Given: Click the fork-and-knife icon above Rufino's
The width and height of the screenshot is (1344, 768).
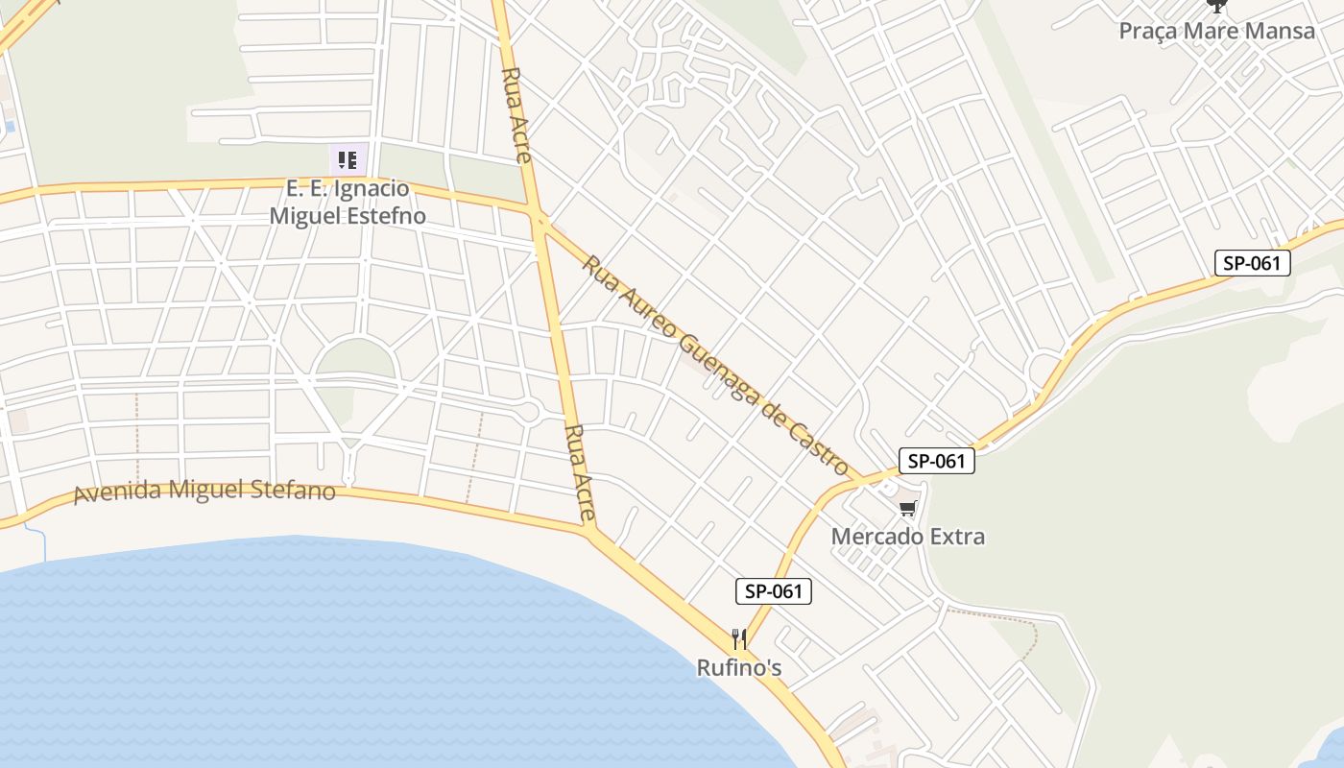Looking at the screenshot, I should tap(739, 638).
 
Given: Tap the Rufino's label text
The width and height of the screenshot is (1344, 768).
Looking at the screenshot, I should tap(739, 666).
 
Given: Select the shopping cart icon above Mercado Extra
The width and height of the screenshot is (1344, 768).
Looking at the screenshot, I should tap(908, 508).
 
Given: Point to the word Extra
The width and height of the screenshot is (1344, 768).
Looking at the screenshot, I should tap(954, 536).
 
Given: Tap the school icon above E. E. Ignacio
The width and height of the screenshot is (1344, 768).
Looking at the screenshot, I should tap(348, 159).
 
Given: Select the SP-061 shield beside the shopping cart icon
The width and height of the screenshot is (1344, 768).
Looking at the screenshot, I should tap(937, 461).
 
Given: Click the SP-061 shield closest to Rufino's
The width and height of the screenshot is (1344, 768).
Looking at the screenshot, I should tap(774, 591).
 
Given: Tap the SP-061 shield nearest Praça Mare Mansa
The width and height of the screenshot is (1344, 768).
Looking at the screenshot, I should tap(1252, 263).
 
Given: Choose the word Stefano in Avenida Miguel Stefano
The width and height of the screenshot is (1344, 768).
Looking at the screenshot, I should tap(292, 491).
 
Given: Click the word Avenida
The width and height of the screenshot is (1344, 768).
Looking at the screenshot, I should tap(117, 493).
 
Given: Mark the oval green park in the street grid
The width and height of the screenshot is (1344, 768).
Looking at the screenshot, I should tap(356, 360).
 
